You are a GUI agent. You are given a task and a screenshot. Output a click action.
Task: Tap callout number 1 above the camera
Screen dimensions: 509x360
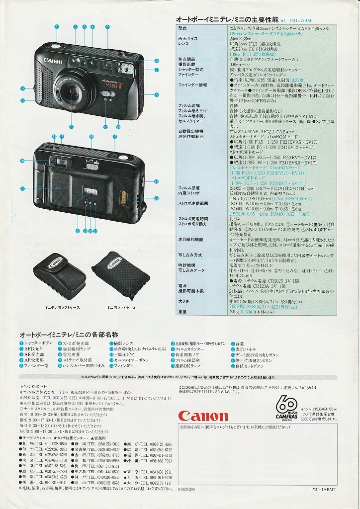click(57, 26)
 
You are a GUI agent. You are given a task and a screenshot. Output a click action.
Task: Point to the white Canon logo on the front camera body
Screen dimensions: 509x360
click(53, 61)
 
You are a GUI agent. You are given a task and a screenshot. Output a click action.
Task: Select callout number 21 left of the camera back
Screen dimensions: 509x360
click(22, 189)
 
